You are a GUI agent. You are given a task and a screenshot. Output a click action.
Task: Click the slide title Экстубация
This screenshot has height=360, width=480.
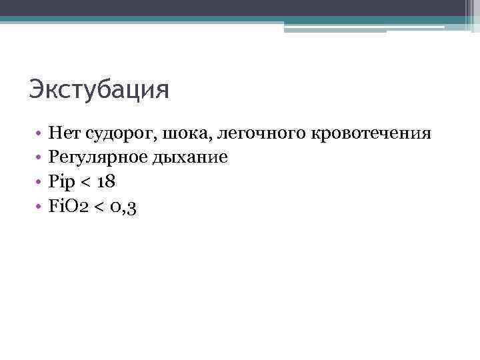click(99, 89)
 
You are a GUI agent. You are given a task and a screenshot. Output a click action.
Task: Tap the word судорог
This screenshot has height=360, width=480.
click(120, 134)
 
